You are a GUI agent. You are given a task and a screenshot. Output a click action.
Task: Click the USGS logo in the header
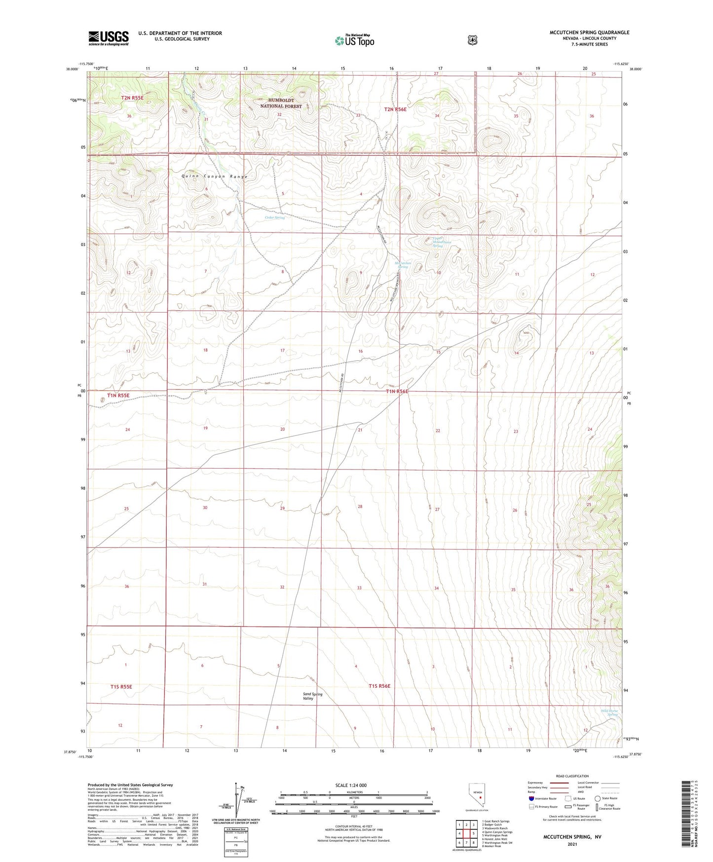pyautogui.click(x=109, y=38)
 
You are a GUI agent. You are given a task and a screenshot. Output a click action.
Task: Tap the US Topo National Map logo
pyautogui.click(x=354, y=40)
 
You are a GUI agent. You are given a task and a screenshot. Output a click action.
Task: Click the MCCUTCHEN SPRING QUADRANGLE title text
pyautogui.click(x=589, y=33)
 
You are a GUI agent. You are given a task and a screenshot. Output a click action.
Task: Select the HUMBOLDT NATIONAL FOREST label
pyautogui.click(x=281, y=103)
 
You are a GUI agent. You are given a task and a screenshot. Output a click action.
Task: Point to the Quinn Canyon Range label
pyautogui.click(x=214, y=176)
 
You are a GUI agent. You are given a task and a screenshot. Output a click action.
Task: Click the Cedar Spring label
pyautogui.click(x=275, y=217)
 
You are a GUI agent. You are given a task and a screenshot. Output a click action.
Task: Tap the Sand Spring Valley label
pyautogui.click(x=312, y=696)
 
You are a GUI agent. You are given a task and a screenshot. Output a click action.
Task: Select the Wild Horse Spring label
pyautogui.click(x=609, y=712)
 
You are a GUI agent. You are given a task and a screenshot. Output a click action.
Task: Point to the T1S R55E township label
pyautogui.click(x=121, y=687)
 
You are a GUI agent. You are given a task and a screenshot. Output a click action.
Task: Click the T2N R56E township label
pyautogui.click(x=395, y=109)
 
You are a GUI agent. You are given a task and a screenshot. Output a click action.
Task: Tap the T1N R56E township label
pyautogui.click(x=397, y=391)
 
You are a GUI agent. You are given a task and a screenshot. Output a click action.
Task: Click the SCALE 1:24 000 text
pyautogui.click(x=351, y=785)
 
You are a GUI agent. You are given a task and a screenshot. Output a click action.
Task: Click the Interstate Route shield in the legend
pyautogui.click(x=531, y=798)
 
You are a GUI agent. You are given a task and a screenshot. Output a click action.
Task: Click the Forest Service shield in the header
pyautogui.click(x=472, y=40)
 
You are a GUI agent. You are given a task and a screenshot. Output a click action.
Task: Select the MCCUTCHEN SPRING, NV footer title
pyautogui.click(x=572, y=837)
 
